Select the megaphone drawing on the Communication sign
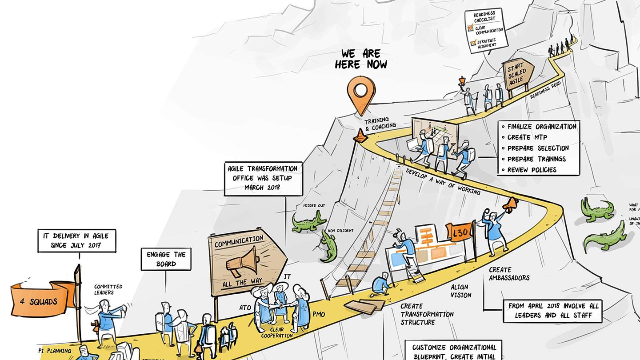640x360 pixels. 242,262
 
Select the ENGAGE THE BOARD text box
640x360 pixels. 166,259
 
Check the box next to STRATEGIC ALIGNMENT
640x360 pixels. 472,43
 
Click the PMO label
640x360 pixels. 319,315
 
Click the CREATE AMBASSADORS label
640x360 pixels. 509,274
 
